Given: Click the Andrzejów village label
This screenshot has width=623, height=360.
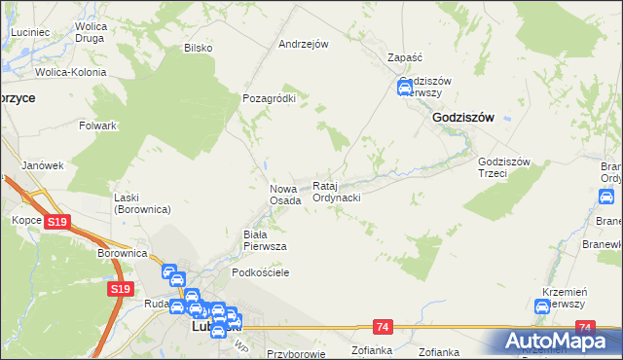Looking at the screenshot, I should (x=303, y=44).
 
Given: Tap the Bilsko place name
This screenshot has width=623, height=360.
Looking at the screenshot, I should (x=198, y=48).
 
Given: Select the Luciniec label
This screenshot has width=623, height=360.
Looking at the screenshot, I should (x=30, y=32).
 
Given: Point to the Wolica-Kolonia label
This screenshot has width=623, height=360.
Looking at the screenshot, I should (x=70, y=72).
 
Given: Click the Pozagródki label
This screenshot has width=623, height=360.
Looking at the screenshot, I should (x=268, y=98).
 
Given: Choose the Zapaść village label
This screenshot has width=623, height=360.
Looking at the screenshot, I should (x=404, y=57).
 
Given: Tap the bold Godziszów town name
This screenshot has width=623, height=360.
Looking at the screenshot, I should (x=462, y=117).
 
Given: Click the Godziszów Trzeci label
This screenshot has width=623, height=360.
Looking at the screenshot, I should (x=503, y=168).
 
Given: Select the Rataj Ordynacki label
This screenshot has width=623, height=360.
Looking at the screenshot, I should (x=337, y=192).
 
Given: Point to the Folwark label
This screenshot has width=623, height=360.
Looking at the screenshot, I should (x=98, y=126).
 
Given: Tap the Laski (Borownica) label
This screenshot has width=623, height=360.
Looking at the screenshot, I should (x=141, y=203).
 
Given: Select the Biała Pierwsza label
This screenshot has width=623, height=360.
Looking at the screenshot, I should (x=264, y=240).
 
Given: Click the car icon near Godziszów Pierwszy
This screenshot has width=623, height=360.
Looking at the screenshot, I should (x=405, y=89).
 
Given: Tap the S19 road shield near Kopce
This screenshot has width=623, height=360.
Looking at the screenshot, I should (x=57, y=223).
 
